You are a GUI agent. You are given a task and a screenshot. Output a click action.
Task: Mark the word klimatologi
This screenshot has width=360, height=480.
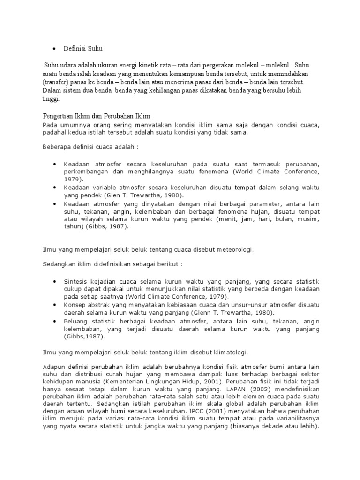(x=226, y=352)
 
